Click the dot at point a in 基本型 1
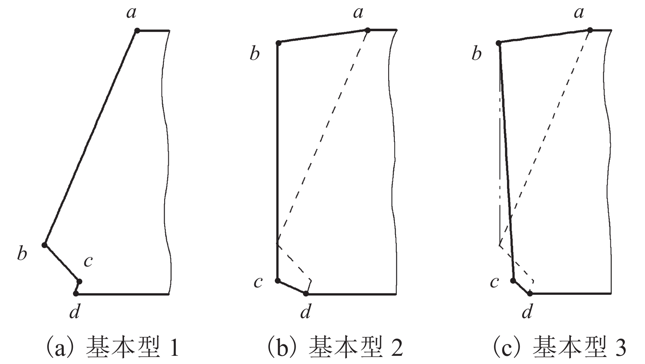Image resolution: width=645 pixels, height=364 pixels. (x=137, y=31)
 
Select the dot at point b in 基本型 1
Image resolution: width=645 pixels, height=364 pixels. (x=45, y=245)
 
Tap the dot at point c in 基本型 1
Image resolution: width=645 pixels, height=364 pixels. (x=79, y=281)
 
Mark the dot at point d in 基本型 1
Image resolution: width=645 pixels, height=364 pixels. (x=76, y=293)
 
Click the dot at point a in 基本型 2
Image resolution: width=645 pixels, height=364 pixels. (x=368, y=30)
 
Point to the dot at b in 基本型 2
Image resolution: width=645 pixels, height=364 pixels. (x=278, y=43)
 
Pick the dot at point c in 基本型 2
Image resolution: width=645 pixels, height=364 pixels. (x=278, y=280)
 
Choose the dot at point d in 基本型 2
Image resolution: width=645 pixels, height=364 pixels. (x=306, y=293)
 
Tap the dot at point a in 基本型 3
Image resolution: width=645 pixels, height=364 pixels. (x=590, y=30)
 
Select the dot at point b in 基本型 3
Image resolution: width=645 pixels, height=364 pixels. (x=499, y=43)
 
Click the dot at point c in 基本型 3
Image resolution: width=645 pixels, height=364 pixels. (x=513, y=280)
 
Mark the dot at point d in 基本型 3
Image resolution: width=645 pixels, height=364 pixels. (x=530, y=293)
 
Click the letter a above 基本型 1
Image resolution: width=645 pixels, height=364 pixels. (x=131, y=13)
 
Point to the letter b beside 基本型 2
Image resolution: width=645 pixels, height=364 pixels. (x=255, y=54)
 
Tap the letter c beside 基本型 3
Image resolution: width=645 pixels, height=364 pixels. (x=494, y=282)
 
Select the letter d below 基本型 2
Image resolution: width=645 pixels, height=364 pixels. (x=305, y=313)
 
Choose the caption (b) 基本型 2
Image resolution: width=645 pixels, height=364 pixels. (x=335, y=348)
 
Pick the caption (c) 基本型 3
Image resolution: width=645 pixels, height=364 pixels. (x=559, y=348)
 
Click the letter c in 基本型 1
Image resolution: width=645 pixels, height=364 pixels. (x=88, y=261)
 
